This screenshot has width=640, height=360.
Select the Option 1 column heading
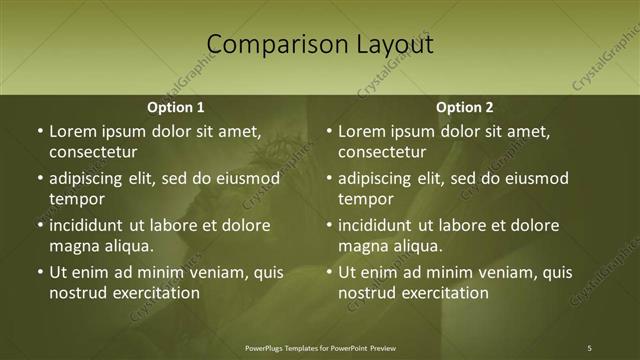click(176, 107)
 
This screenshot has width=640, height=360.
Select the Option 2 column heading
click(465, 107)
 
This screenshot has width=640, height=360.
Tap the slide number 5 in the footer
click(590, 347)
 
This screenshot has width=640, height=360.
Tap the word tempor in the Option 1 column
click(73, 199)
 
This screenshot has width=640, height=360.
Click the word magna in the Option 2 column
click(361, 246)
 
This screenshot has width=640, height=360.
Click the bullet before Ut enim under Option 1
click(39, 272)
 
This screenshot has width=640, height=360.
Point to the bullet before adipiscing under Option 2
click(328, 178)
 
